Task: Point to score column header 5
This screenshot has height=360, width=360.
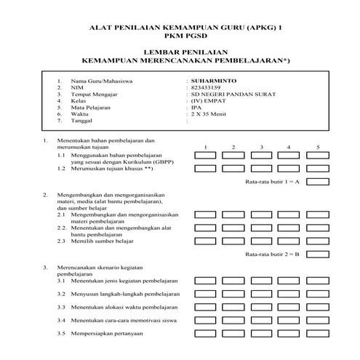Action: point(318,147)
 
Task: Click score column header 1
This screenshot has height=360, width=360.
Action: point(206,147)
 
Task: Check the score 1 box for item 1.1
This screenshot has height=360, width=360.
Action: point(206,156)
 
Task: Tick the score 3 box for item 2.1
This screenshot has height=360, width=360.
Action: point(262,215)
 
